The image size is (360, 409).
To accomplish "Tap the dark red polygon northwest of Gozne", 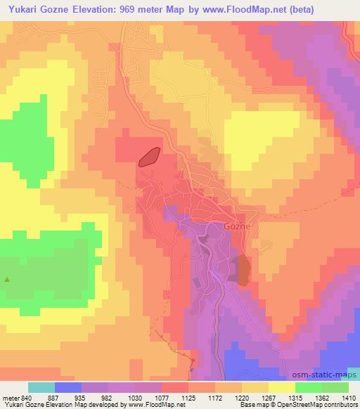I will (x=150, y=157).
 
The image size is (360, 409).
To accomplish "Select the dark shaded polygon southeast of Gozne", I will (x=243, y=271).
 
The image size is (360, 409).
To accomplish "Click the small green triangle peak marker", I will (x=8, y=279).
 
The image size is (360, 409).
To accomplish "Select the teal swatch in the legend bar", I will (x=42, y=387).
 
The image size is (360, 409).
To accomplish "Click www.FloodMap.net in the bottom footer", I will (x=159, y=405).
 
